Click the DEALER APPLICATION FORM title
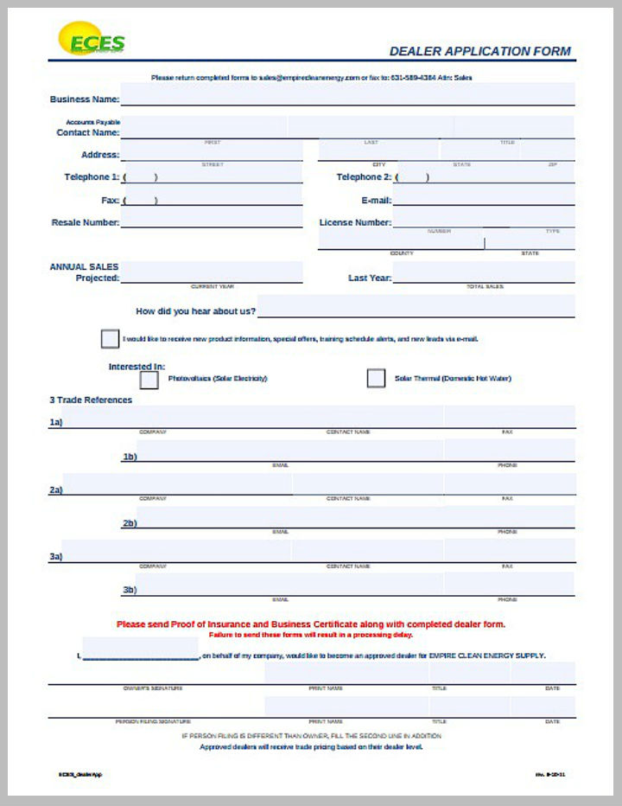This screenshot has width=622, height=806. tap(479, 51)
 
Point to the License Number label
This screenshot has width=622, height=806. tap(354, 222)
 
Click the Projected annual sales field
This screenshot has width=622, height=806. tap(213, 273)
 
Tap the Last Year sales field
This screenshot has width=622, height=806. tap(484, 274)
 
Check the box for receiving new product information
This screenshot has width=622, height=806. tap(110, 339)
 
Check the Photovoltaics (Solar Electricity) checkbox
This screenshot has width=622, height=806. tap(149, 379)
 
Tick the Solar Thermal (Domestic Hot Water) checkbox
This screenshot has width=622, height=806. tap(376, 379)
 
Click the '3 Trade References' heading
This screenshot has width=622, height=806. tap(91, 400)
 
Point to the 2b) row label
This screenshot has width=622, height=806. tap(129, 523)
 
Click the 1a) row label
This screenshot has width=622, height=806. tap(56, 423)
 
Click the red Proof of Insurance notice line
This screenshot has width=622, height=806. tap(311, 624)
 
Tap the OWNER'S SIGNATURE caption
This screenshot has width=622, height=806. tap(152, 688)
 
